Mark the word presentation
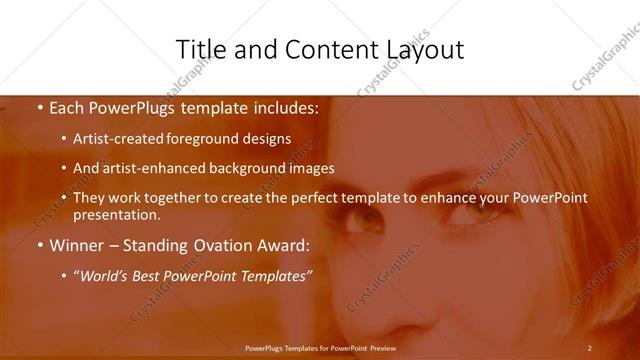tap(116, 214)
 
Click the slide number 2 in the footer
tap(589, 347)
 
